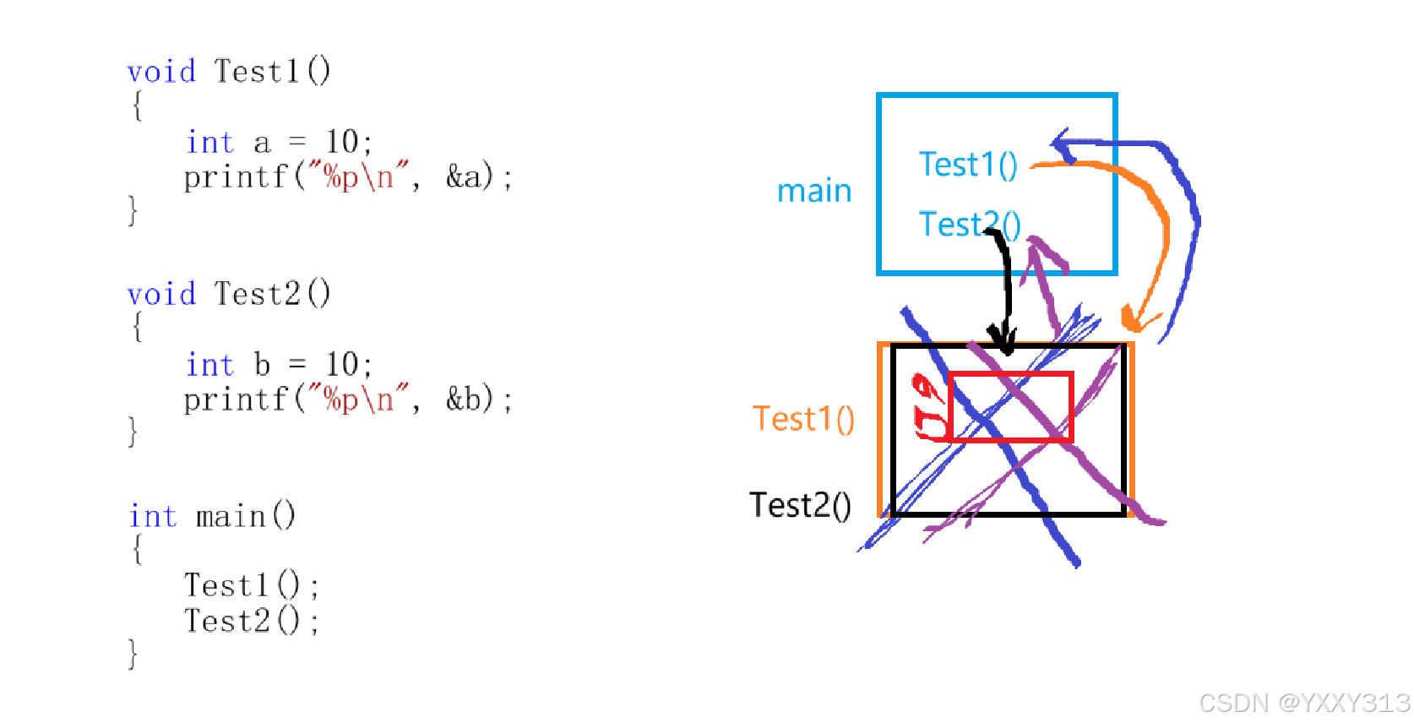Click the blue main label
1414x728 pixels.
pyautogui.click(x=813, y=191)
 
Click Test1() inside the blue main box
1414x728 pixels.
pyautogui.click(x=967, y=165)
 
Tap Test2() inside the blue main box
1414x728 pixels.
pyautogui.click(x=969, y=225)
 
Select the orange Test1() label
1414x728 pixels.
pyautogui.click(x=803, y=419)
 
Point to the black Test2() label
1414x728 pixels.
pyautogui.click(x=800, y=505)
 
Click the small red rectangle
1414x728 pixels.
pyautogui.click(x=1010, y=406)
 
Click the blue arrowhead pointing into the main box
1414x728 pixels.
pyautogui.click(x=1063, y=145)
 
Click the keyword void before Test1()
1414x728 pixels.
pyautogui.click(x=161, y=72)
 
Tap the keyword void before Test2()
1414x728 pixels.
pyautogui.click(x=161, y=295)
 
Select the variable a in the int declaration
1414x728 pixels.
pyautogui.click(x=262, y=143)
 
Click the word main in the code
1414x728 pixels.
pyautogui.click(x=231, y=516)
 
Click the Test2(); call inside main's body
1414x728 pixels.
pyautogui.click(x=251, y=622)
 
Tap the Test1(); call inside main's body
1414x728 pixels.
pyautogui.click(x=251, y=585)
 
